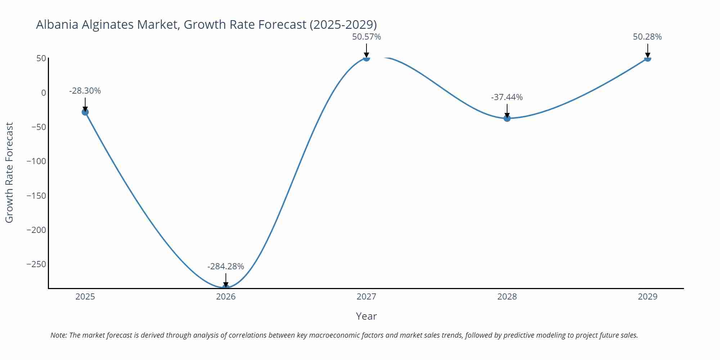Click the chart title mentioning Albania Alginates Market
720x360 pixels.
[206, 24]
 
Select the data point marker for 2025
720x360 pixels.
[85, 112]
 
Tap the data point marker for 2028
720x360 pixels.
[507, 118]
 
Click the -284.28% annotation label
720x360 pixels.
[226, 266]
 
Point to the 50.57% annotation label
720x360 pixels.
[366, 37]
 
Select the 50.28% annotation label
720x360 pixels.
[647, 37]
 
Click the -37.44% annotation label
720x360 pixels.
[507, 97]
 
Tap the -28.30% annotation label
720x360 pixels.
[85, 91]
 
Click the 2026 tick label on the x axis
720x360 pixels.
[226, 297]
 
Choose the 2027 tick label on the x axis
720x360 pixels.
[366, 297]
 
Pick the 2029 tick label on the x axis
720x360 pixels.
[647, 297]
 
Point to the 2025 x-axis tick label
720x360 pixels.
[85, 297]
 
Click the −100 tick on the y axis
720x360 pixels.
[36, 161]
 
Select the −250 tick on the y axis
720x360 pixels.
[36, 264]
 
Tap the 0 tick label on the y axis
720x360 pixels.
[44, 93]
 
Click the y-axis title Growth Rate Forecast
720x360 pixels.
[9, 172]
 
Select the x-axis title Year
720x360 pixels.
[366, 316]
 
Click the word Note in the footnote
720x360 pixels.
[58, 335]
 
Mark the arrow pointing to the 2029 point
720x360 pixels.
[647, 51]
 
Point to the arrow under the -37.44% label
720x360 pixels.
[507, 111]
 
